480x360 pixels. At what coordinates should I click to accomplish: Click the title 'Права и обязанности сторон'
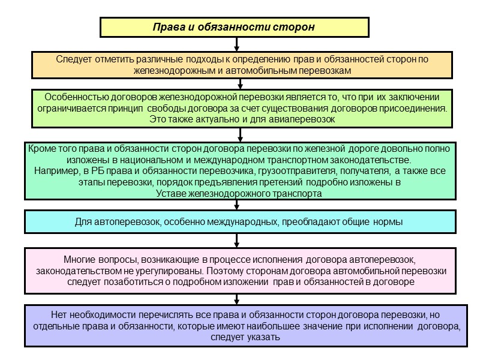point(233,28)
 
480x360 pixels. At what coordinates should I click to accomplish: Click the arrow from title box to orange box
point(238,44)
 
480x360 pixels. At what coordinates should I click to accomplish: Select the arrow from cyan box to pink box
point(238,240)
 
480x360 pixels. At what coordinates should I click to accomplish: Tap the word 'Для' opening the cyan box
point(84,222)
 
